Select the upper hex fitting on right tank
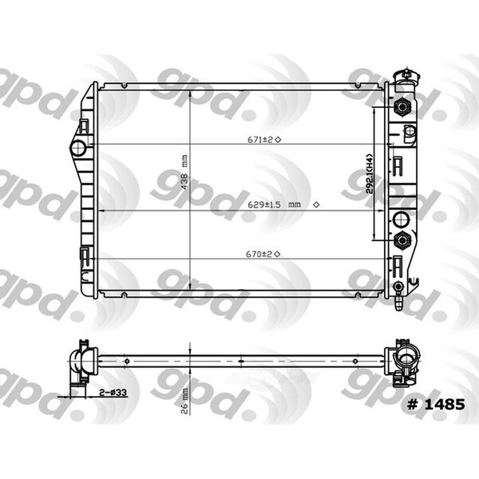402,106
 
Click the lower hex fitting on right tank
402,239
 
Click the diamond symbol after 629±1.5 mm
316,205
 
